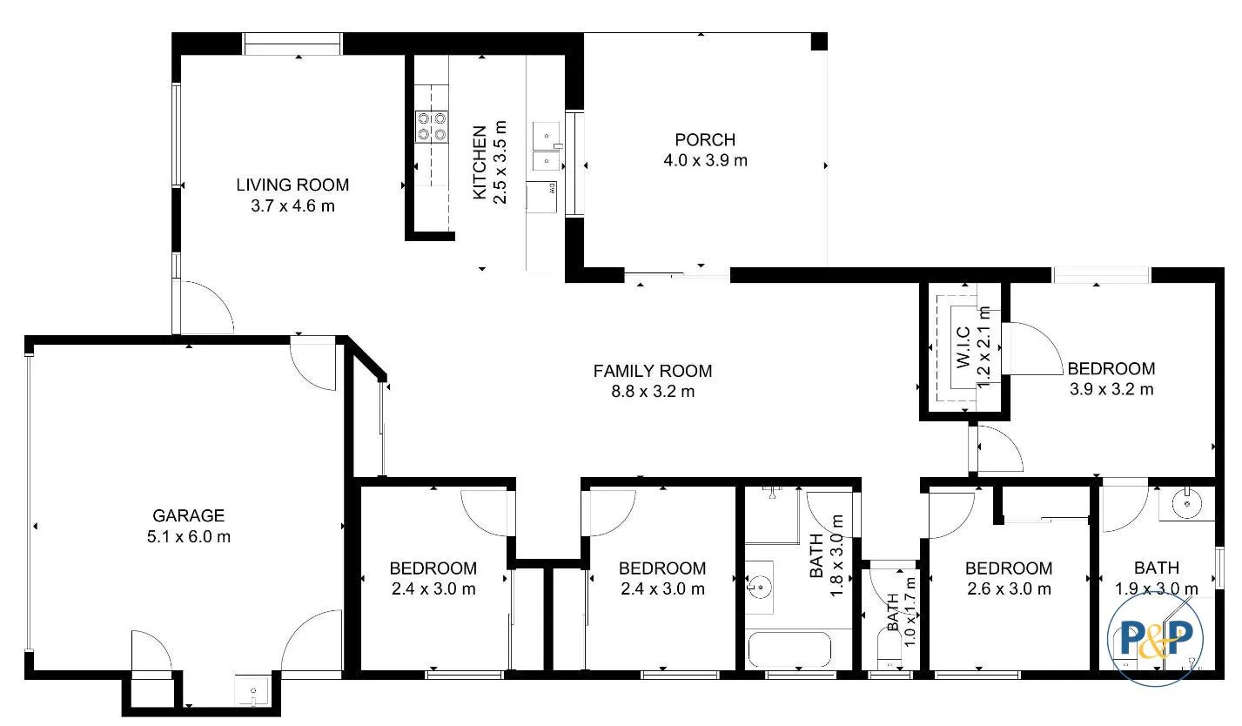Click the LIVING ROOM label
pos(292,185)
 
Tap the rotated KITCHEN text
pos(480,163)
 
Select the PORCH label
pos(705,139)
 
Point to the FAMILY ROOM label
pos(652,371)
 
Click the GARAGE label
pos(189,515)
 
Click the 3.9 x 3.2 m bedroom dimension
pos(1111,389)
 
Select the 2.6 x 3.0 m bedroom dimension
pos(1009,588)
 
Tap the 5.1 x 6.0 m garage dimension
pos(189,537)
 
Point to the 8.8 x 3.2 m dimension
pos(653,392)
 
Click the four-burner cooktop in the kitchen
pos(432,125)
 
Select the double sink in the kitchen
pos(546,149)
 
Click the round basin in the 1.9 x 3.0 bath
pos(1185,502)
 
